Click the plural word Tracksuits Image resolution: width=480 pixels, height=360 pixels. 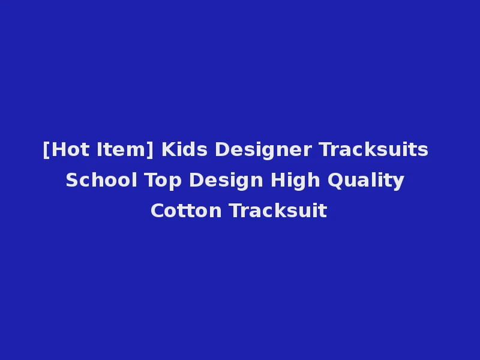point(373,149)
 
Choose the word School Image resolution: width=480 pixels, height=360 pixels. point(101,180)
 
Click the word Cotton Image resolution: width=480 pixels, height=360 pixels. point(186,211)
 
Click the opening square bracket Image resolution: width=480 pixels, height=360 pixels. point(46,150)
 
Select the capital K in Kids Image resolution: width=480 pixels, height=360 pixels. point(167,149)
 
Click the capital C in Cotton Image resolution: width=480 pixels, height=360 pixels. point(157,211)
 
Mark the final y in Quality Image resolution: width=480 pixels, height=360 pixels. point(399,182)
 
